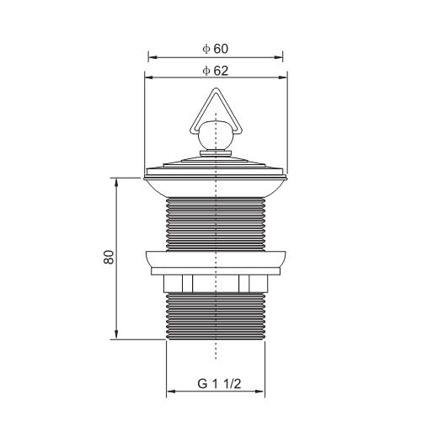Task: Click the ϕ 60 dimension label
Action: pyautogui.click(x=215, y=49)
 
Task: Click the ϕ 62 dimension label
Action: pyautogui.click(x=215, y=71)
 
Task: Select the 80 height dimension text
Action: pyautogui.click(x=109, y=257)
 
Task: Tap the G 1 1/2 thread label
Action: pyautogui.click(x=219, y=384)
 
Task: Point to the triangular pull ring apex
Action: pyautogui.click(x=216, y=89)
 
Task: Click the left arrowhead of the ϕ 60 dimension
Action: pyautogui.click(x=152, y=57)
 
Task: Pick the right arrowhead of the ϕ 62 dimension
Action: pyautogui.click(x=283, y=77)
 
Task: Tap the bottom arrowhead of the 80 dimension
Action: pyautogui.click(x=116, y=335)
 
